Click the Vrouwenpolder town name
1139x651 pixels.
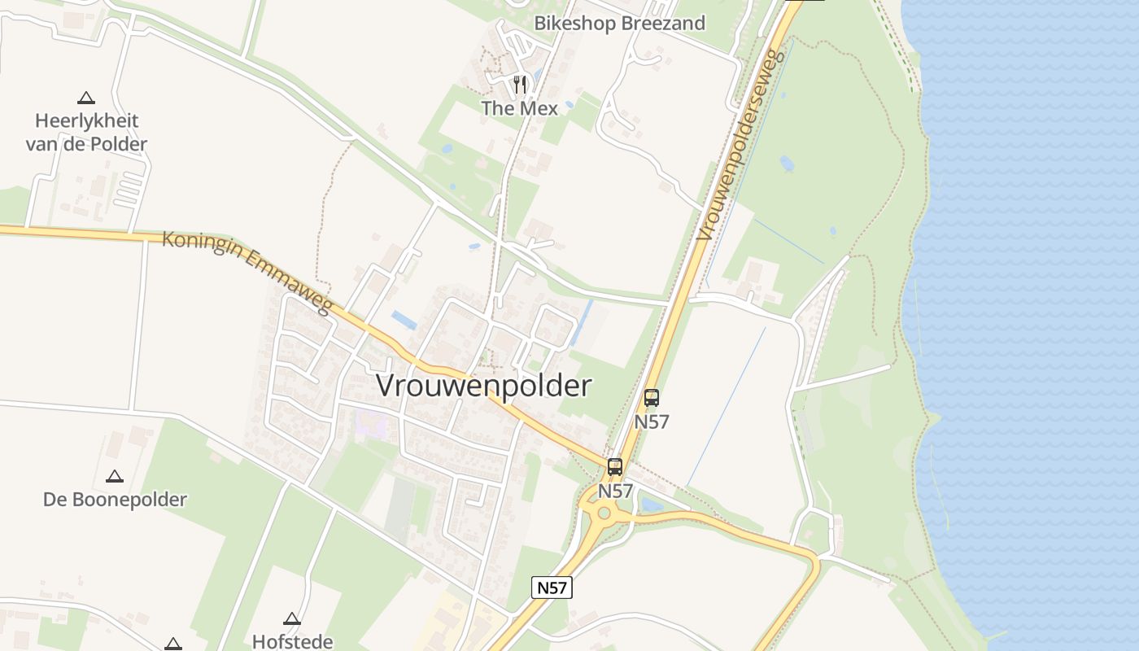[x=483, y=386]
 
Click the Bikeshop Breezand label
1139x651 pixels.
[x=619, y=23]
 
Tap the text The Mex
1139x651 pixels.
[x=519, y=108]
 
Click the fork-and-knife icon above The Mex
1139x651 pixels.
[x=520, y=83]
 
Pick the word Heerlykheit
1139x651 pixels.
[x=86, y=121]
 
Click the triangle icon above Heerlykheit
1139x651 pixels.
[x=85, y=98]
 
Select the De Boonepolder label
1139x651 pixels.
[x=115, y=500]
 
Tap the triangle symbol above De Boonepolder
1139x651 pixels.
[x=115, y=476]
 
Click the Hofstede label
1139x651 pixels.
[x=293, y=641]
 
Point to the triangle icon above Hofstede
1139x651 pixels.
[x=292, y=618]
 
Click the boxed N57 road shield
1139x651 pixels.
[x=552, y=588]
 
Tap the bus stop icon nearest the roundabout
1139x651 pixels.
[x=615, y=467]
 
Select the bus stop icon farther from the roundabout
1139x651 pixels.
[x=652, y=398]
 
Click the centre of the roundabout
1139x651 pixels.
[x=604, y=513]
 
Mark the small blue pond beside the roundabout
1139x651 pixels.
[x=652, y=505]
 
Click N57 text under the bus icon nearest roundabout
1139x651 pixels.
[x=615, y=492]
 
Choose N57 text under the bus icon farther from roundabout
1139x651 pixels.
[x=652, y=422]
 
